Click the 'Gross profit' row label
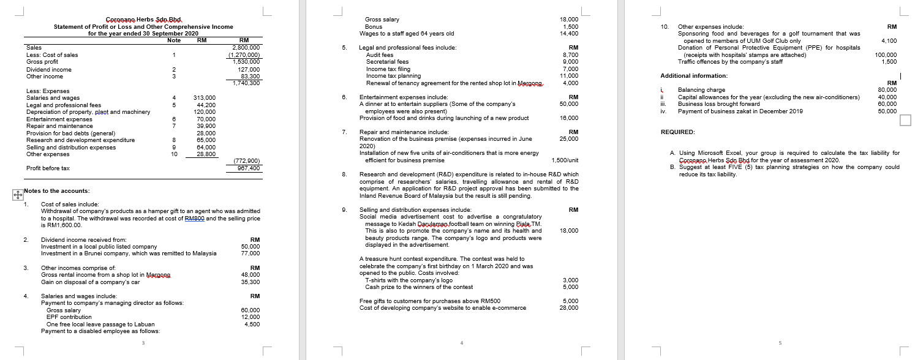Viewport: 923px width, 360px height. click(42, 62)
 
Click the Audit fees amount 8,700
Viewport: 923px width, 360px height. click(570, 55)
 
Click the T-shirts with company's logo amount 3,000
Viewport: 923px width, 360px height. click(570, 280)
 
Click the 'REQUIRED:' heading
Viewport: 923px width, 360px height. click(677, 132)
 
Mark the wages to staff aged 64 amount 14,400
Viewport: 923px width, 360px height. click(570, 34)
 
